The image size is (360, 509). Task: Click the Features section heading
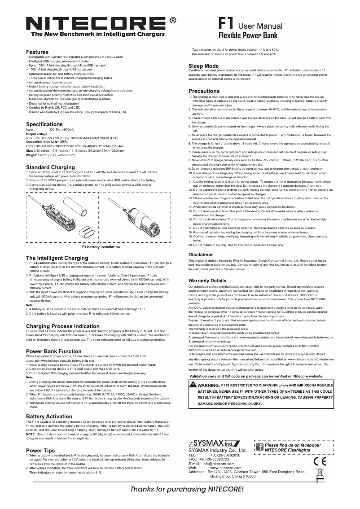(37, 53)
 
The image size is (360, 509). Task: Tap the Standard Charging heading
(50, 167)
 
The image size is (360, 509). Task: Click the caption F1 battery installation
(101, 247)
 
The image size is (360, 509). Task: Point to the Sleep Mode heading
(203, 66)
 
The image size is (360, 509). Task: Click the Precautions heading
(204, 91)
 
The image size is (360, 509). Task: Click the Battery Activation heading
(49, 417)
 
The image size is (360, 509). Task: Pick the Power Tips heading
(40, 450)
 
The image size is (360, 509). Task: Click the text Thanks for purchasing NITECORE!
(187, 489)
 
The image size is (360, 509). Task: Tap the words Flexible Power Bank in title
(248, 35)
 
